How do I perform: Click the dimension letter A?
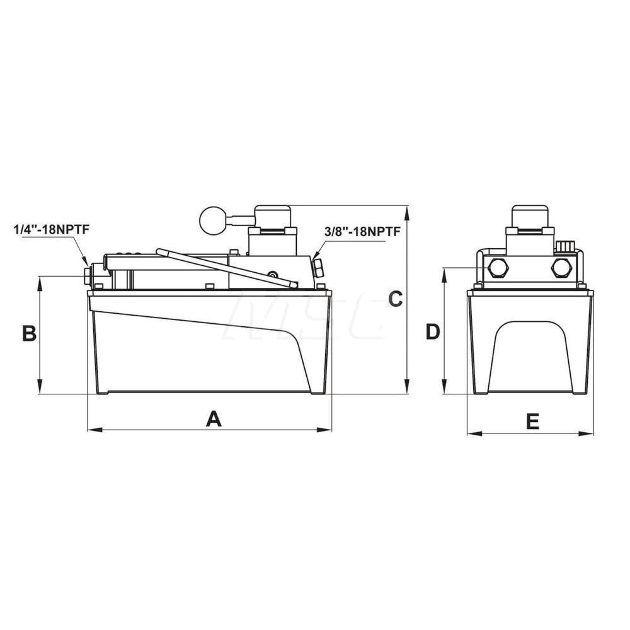(x=214, y=418)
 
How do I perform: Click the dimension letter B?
(x=29, y=333)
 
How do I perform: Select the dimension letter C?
(x=395, y=299)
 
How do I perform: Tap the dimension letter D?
(x=432, y=331)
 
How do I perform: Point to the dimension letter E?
(x=533, y=421)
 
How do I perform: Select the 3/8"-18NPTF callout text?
(x=362, y=231)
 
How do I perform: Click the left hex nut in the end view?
(x=498, y=268)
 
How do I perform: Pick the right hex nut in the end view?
(x=561, y=268)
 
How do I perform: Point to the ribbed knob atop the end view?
(x=565, y=246)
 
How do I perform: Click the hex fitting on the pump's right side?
(x=318, y=268)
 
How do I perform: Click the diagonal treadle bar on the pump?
(x=227, y=268)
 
